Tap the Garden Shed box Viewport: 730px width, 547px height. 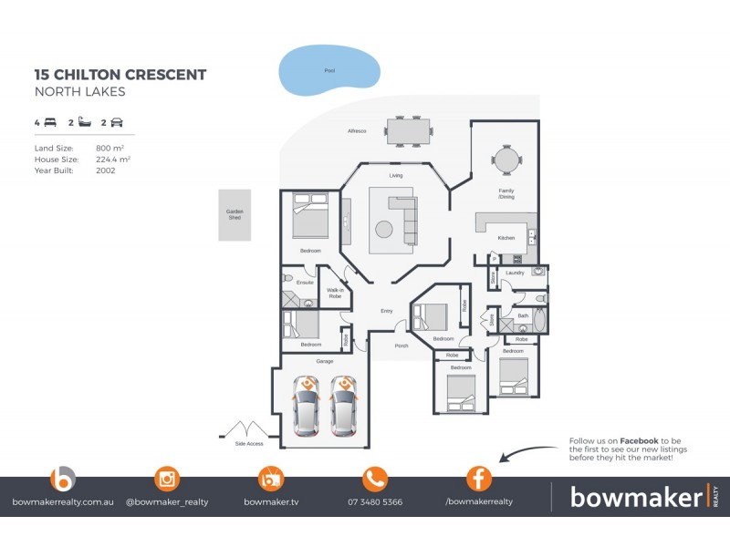(235, 215)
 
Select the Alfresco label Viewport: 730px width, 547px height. (357, 131)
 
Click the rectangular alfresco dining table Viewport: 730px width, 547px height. (408, 130)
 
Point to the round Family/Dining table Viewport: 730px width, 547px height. (506, 160)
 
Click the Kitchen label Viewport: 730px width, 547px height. (506, 238)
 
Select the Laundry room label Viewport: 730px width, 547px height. (515, 273)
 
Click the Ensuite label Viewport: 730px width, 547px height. (306, 283)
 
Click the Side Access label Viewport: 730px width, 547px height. (248, 443)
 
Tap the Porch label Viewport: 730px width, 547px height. (401, 346)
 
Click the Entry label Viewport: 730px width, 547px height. (387, 312)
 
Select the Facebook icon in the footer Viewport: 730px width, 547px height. (479, 478)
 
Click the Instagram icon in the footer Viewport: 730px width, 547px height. (167, 478)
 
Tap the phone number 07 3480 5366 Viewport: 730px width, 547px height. (375, 501)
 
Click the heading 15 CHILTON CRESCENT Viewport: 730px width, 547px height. (120, 75)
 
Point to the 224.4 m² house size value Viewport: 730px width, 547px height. (113, 159)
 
